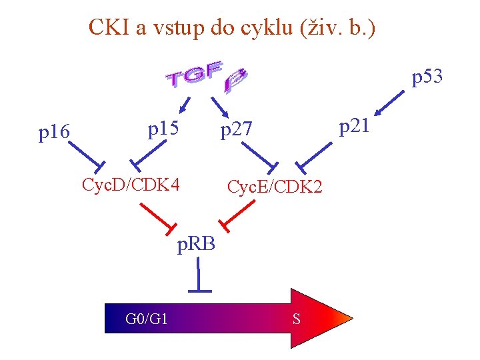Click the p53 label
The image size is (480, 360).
pyautogui.click(x=427, y=78)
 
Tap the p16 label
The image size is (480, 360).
pyautogui.click(x=54, y=133)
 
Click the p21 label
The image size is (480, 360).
pyautogui.click(x=353, y=125)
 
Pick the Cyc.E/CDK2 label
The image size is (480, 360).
pyautogui.click(x=275, y=188)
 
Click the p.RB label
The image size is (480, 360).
pyautogui.click(x=196, y=244)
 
